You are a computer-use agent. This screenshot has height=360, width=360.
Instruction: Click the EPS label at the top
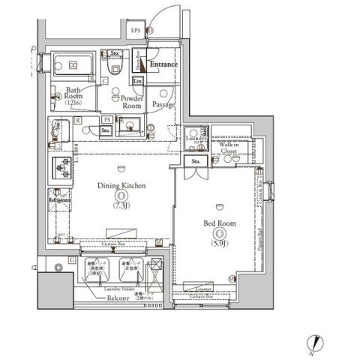136,31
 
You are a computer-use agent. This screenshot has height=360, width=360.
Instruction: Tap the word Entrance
163,64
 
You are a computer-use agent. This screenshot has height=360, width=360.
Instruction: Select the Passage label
163,105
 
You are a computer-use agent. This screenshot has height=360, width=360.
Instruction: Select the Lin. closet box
139,80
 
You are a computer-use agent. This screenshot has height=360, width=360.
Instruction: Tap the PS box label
107,119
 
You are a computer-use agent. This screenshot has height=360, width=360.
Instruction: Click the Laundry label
196,139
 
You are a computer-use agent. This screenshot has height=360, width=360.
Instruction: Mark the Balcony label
118,298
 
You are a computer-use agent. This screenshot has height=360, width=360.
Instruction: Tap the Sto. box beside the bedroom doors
196,161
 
